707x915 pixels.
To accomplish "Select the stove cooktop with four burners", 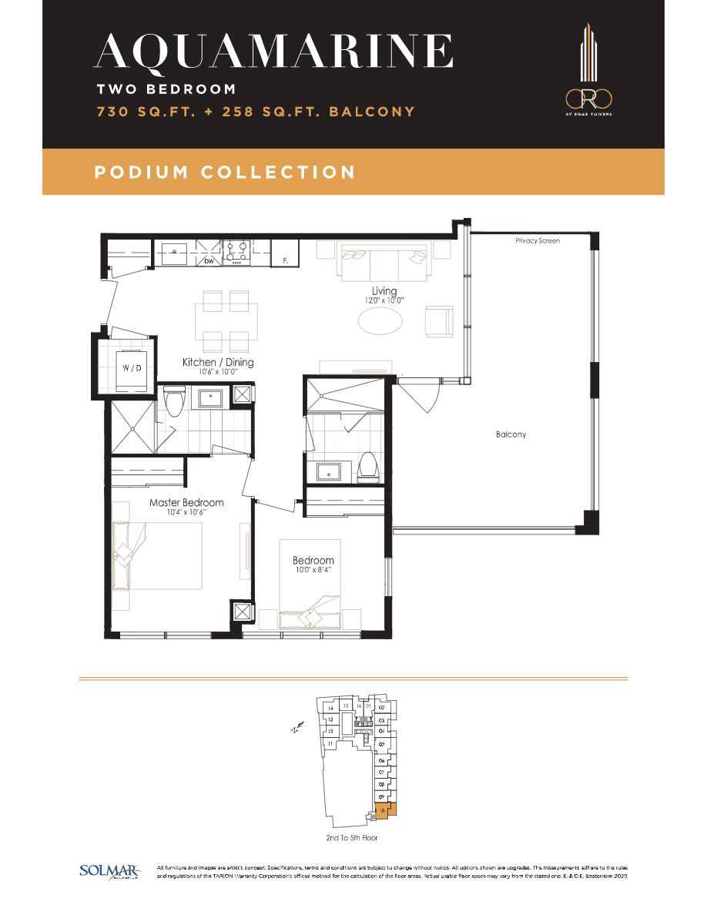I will click(x=237, y=252).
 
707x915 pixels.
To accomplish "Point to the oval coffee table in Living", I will click(x=380, y=320).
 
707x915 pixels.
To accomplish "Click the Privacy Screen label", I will click(x=538, y=241).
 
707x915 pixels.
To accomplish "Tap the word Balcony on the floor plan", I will click(x=511, y=434).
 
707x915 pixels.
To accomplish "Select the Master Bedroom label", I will click(x=186, y=502).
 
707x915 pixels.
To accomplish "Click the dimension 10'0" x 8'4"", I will click(x=313, y=570).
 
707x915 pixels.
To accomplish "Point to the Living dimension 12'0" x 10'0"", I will click(x=384, y=300).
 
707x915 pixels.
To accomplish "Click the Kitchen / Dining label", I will click(x=218, y=362).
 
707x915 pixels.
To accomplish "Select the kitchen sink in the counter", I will click(x=175, y=251).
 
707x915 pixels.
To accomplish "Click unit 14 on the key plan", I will click(x=330, y=709).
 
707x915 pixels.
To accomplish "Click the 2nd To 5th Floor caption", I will click(x=351, y=837).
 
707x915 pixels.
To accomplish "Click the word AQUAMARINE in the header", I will click(x=273, y=52).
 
